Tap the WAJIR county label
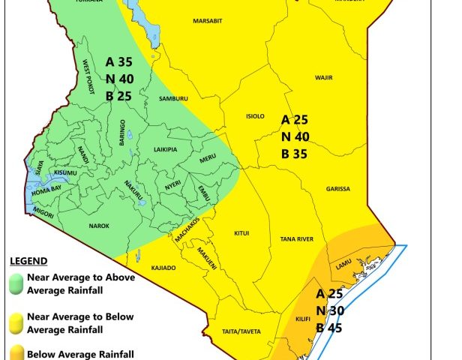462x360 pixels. tap(323, 77)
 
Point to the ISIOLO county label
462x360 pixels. tap(256, 116)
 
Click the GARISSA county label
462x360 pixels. tap(337, 189)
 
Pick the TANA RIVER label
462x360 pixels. tap(298, 239)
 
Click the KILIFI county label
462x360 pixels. tap(303, 319)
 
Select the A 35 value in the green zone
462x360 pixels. tap(120, 61)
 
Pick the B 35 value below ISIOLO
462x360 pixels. tap(295, 150)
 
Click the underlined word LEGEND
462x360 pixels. tap(28, 261)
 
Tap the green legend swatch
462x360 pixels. tap(14, 283)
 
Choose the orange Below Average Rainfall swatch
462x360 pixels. tap(14, 353)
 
